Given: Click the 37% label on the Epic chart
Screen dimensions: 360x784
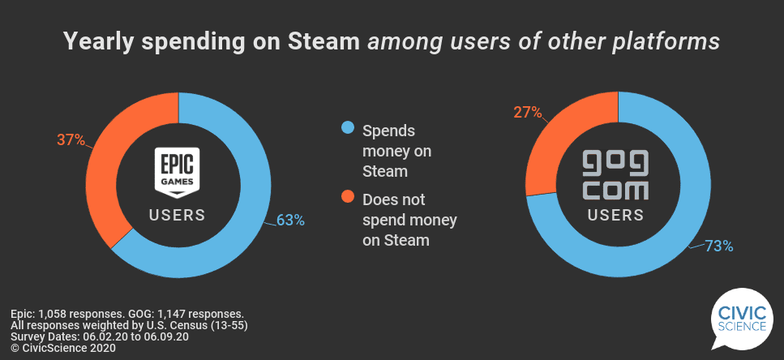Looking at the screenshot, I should [71, 140].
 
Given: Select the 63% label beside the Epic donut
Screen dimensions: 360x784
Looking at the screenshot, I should [289, 220].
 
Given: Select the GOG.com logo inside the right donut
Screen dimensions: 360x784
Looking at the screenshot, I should [617, 174].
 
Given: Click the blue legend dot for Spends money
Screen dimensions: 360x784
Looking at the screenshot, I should [348, 129].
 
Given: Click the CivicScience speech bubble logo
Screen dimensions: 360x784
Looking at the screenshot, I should [737, 321].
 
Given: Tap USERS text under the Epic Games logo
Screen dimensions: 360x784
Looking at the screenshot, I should [177, 216].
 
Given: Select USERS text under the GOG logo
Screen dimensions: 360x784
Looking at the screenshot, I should [616, 216].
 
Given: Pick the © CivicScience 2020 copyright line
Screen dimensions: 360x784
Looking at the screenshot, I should [63, 348].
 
